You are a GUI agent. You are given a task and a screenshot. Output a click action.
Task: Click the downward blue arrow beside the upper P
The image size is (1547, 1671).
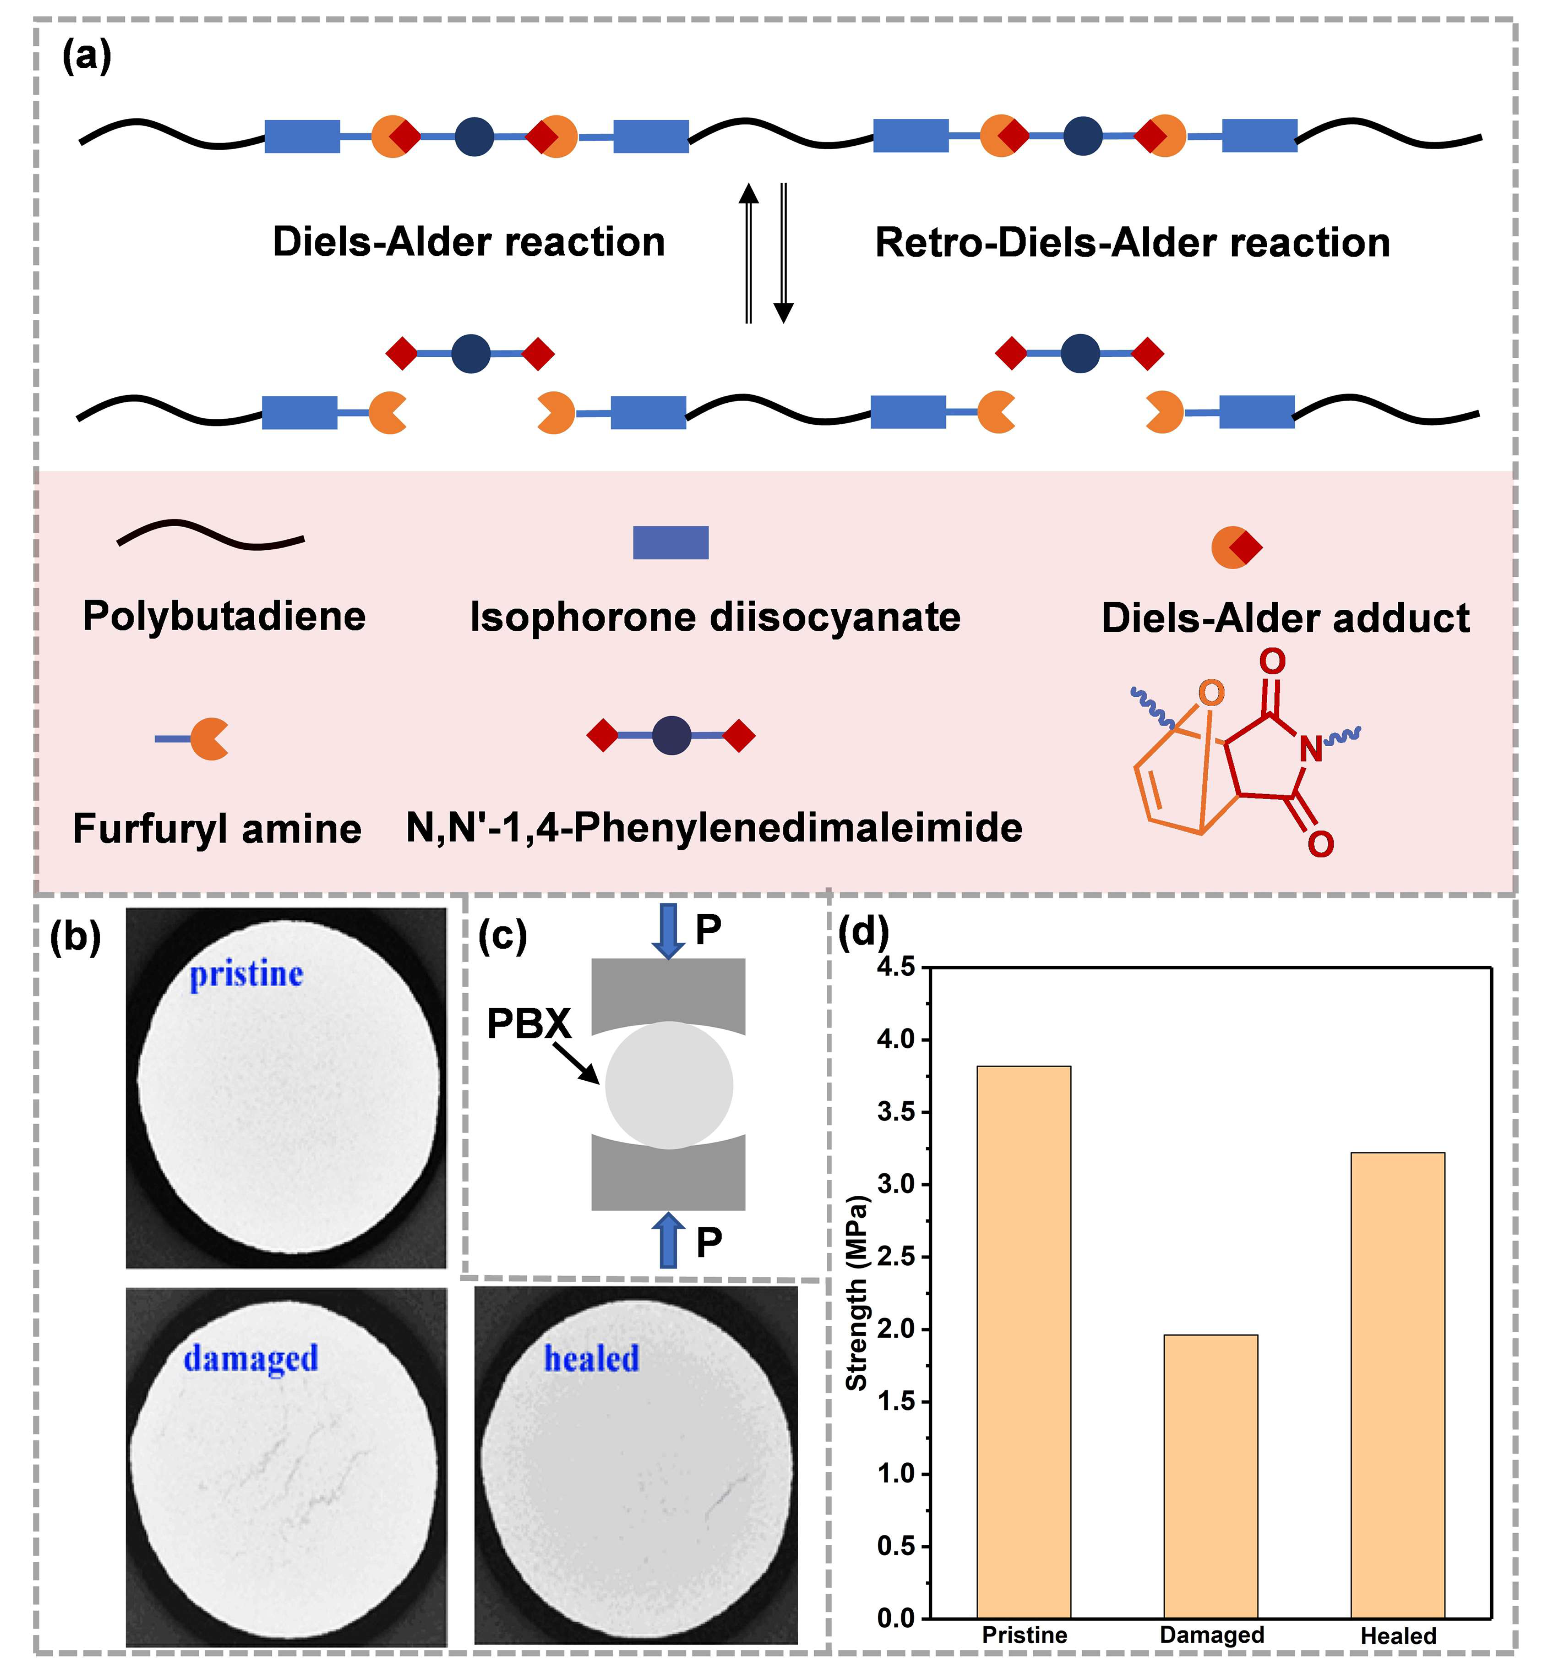coord(668,929)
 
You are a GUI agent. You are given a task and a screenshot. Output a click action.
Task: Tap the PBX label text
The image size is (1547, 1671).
coord(528,1023)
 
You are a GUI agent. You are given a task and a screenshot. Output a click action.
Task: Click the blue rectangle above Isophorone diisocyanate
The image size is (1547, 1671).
coord(670,542)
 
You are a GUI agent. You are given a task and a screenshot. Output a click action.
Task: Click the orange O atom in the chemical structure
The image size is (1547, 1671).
coord(1210,693)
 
